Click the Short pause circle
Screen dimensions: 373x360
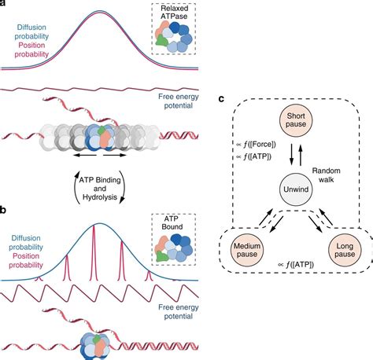tap(296, 120)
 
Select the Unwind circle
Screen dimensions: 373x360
tap(296, 189)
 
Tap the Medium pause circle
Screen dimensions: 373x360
tap(247, 250)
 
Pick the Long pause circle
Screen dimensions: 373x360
tap(345, 250)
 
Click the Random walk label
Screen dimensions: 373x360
tap(326, 175)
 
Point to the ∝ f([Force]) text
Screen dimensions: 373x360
tap(256, 144)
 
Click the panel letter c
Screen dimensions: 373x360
tap(221, 99)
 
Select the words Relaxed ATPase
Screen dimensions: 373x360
tap(174, 12)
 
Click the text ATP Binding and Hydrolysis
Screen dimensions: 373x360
tap(100, 189)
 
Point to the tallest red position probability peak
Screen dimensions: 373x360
tap(94, 252)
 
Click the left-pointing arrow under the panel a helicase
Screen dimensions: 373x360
tap(85, 156)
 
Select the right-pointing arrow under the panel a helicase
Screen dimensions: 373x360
tap(115, 156)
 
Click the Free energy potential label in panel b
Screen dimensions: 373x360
tap(179, 311)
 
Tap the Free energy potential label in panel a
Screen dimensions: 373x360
tap(179, 101)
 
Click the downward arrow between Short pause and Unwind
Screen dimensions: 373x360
tap(291, 155)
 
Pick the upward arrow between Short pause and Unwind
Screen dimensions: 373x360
tap(301, 155)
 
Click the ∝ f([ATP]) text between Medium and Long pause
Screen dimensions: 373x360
tap(296, 265)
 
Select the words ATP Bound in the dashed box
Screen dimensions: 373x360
tap(172, 222)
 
